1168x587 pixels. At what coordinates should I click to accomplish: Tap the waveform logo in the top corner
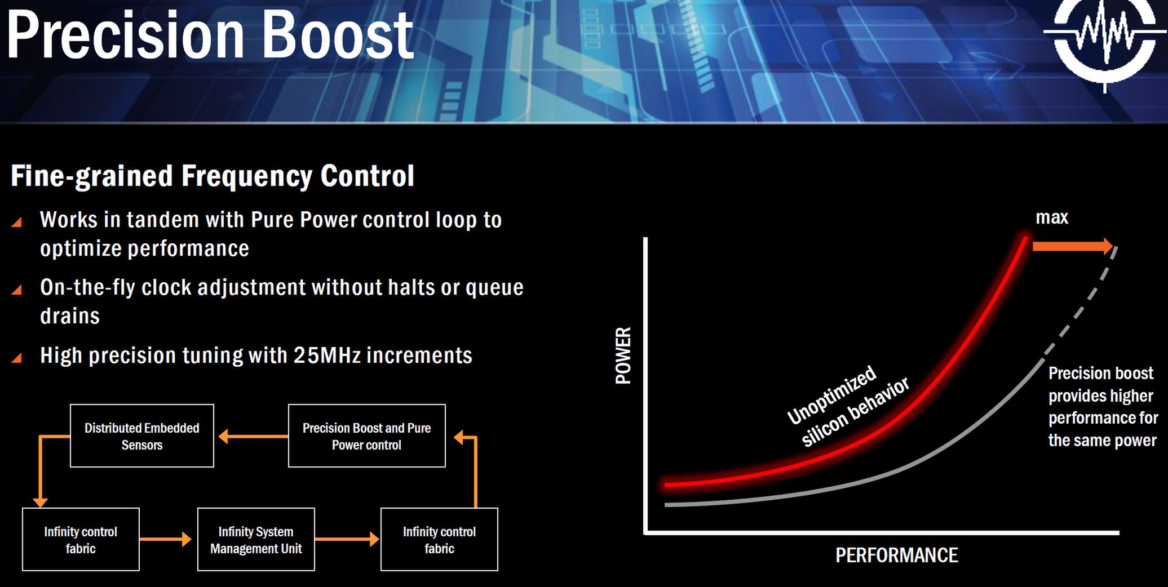(1104, 39)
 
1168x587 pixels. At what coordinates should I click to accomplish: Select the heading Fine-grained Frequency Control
(213, 176)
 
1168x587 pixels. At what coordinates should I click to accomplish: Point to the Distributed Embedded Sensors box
(142, 435)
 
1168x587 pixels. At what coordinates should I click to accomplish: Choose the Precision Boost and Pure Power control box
(366, 435)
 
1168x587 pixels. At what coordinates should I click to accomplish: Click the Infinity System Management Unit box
(256, 540)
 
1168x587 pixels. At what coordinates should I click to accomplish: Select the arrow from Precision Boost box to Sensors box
(253, 436)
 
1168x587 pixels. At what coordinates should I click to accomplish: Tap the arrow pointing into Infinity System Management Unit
(165, 539)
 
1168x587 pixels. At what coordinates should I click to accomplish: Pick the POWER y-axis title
(623, 355)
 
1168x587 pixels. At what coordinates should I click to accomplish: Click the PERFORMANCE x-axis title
(896, 555)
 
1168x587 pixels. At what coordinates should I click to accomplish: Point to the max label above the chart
(1052, 217)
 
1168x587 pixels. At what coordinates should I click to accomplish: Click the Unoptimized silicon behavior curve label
(848, 407)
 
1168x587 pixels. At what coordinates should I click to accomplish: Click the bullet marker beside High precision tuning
(17, 358)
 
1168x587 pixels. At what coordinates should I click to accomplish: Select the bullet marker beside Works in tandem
(17, 222)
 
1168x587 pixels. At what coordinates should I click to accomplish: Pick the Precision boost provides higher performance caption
(1103, 407)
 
